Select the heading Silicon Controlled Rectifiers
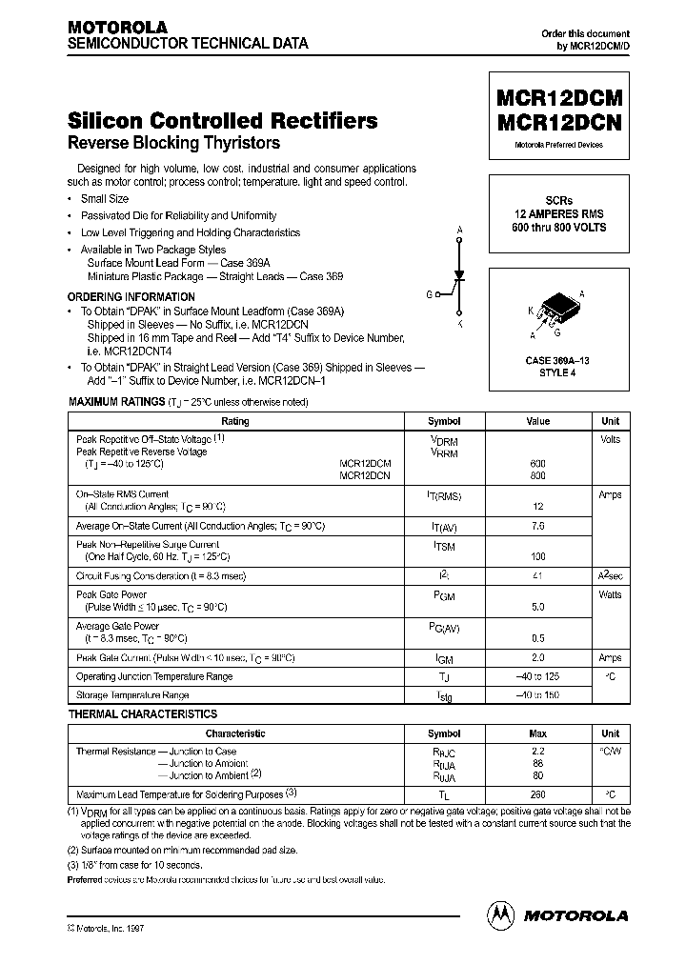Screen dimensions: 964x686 pos(222,121)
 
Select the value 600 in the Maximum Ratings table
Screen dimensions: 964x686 pos(537,463)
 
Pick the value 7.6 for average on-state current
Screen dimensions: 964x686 pos(537,526)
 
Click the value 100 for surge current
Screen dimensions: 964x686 pos(537,555)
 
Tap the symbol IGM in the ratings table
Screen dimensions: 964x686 pos(444,658)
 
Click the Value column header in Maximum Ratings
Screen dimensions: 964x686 pos(537,421)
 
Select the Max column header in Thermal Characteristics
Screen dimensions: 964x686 pos(537,733)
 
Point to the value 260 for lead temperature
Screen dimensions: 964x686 pos(537,793)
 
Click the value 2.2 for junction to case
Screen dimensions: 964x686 pos(537,752)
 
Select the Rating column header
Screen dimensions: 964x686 pos(234,421)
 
